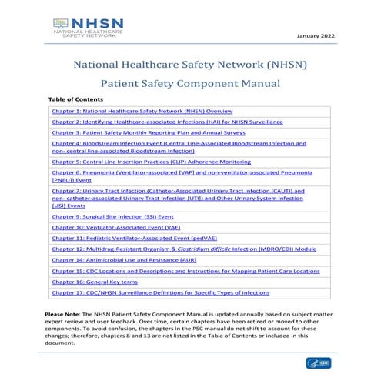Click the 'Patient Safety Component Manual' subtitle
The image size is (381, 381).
point(190,83)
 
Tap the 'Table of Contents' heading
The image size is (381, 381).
point(75,100)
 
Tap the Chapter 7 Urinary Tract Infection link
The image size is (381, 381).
point(177,198)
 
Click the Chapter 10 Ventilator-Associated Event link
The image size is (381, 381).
point(115,228)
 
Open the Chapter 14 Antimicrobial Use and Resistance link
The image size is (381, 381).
point(119,260)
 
